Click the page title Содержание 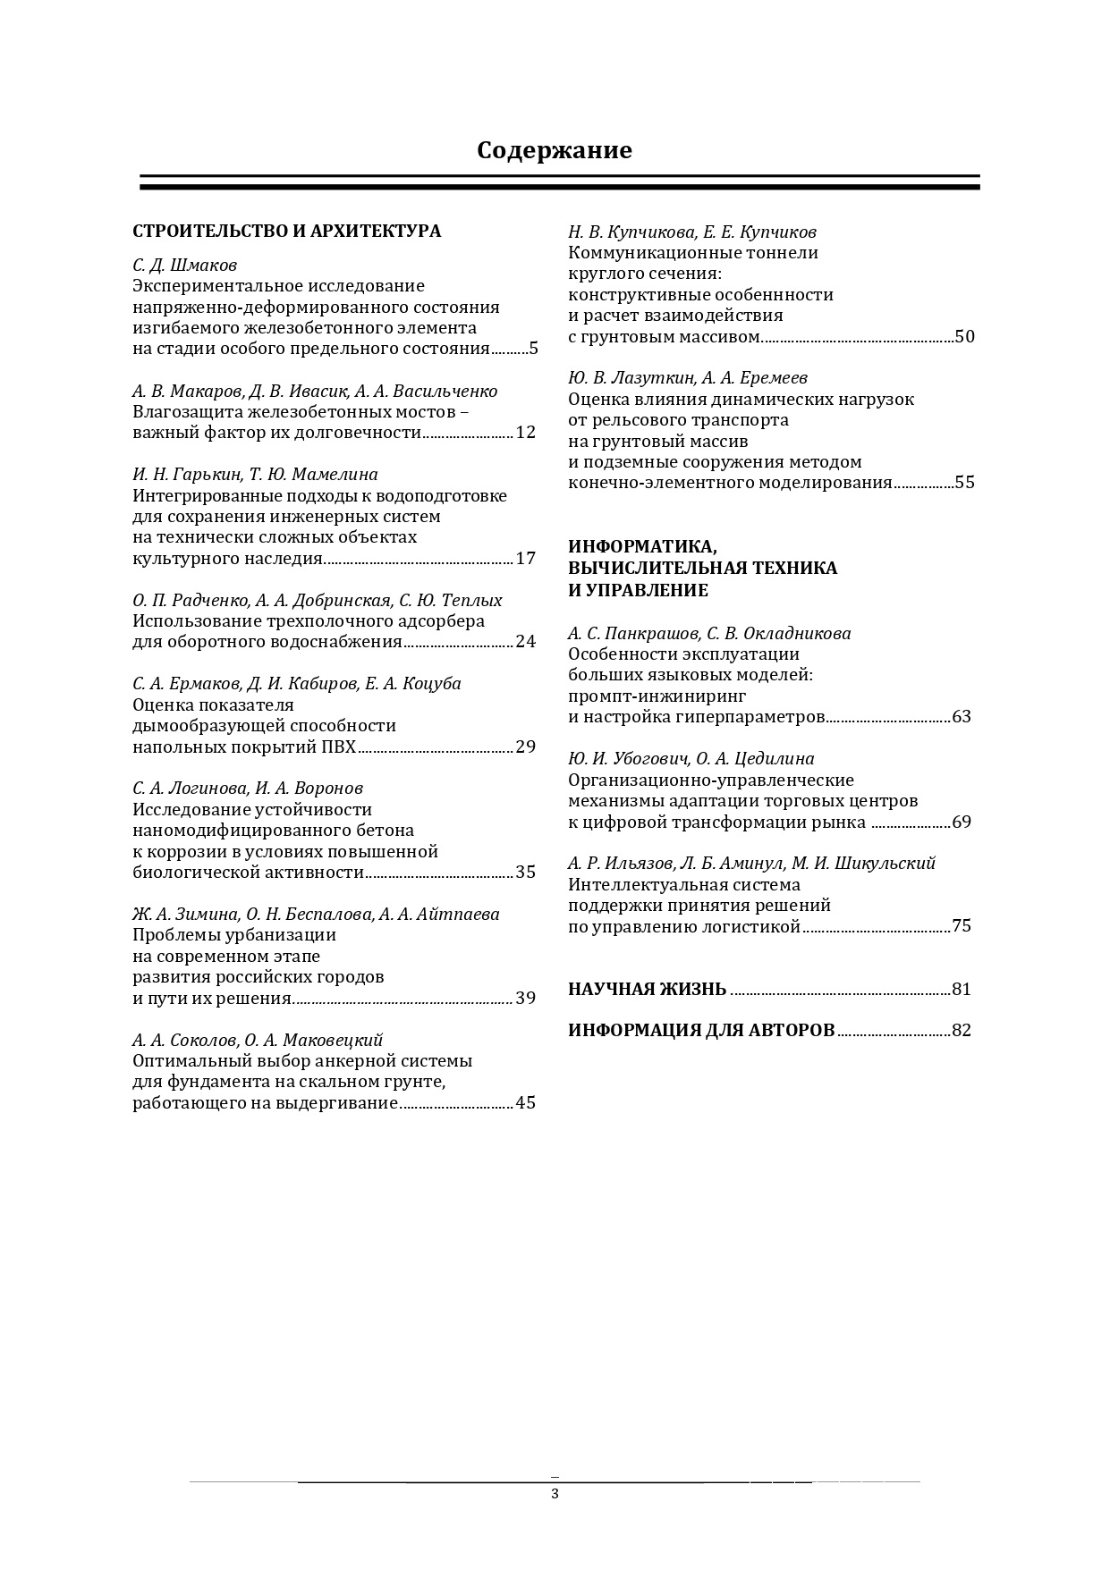point(554,150)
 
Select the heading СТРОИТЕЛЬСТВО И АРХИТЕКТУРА point(286,231)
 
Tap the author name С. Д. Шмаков point(184,265)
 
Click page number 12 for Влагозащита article point(525,433)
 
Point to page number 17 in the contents point(525,559)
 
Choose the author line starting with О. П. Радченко point(317,600)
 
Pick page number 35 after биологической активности point(525,872)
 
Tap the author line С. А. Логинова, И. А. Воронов point(248,788)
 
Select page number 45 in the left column point(525,1102)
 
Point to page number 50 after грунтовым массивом point(964,336)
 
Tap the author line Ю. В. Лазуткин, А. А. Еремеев point(688,378)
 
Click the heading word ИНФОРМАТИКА point(642,546)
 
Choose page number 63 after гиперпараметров point(962,717)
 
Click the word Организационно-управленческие point(711,780)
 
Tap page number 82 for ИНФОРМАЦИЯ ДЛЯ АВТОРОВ point(962,1030)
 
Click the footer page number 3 point(555,1494)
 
